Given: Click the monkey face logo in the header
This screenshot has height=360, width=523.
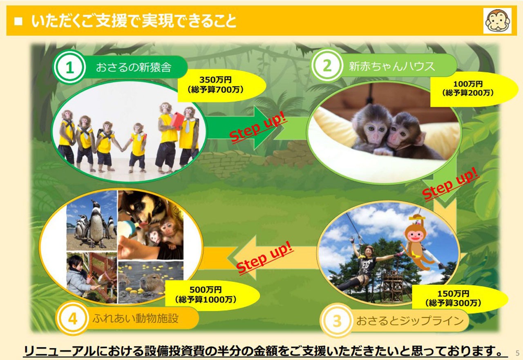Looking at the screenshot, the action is (x=498, y=20).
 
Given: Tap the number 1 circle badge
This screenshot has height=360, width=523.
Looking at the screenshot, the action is (x=69, y=67).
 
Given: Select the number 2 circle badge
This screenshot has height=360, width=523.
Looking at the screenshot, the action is (x=327, y=65).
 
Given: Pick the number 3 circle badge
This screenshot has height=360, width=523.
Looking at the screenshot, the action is (x=337, y=321).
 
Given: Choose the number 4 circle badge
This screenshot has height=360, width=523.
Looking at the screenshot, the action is (x=73, y=318).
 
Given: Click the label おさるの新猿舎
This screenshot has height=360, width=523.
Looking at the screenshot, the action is (x=134, y=67).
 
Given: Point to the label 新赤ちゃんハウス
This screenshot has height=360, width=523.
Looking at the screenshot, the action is (x=392, y=66).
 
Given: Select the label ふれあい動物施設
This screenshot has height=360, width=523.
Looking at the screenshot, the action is (x=135, y=318).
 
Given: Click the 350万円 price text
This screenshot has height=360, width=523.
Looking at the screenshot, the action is (x=215, y=80).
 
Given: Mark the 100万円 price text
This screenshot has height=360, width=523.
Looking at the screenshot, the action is (x=468, y=84).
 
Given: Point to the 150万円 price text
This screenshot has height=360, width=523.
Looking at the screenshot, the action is (x=453, y=293).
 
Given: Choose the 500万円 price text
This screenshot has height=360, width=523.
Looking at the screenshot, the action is (x=206, y=290).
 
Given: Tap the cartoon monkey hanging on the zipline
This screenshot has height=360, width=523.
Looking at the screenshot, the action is (x=417, y=243).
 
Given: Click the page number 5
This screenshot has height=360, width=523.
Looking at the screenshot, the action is (x=517, y=353).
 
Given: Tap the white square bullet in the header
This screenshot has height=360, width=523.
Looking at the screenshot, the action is (x=18, y=21).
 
